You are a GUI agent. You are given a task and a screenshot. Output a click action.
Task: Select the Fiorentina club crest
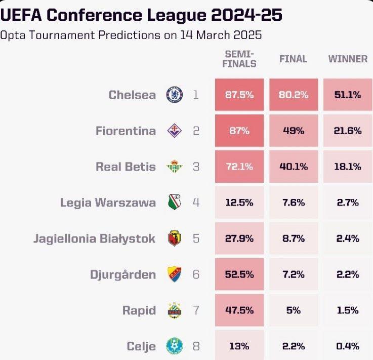[175, 131]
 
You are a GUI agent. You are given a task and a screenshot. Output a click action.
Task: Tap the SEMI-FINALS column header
[240, 59]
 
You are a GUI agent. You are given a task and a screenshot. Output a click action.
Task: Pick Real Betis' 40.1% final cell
[294, 167]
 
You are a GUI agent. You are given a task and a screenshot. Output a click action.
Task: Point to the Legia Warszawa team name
[108, 203]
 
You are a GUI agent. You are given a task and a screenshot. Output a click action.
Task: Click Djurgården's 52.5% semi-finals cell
[239, 274]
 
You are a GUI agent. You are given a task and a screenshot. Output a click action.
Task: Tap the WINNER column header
[348, 59]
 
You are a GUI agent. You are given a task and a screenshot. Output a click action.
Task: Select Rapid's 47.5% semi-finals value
[239, 310]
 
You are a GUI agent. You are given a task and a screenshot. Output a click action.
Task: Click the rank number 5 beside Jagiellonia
[196, 238]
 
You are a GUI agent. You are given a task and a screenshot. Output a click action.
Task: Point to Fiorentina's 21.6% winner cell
[348, 131]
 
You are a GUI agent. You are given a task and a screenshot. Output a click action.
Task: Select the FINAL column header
[294, 59]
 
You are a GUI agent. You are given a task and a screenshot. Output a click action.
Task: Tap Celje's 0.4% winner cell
[348, 346]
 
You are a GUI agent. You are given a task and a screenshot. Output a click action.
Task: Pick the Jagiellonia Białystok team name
[95, 238]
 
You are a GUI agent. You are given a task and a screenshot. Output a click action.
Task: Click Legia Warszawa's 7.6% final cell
[294, 203]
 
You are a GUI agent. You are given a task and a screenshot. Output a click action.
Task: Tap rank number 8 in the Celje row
[196, 346]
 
